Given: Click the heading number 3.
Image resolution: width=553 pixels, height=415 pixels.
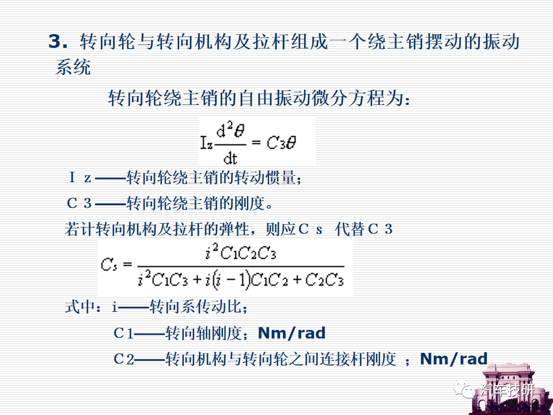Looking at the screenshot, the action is (x=58, y=41).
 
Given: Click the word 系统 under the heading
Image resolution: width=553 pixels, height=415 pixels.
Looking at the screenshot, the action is (x=73, y=67).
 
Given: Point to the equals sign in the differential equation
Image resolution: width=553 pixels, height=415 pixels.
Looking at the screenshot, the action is (x=256, y=142).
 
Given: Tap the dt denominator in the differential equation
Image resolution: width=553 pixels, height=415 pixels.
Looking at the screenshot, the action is (x=230, y=159).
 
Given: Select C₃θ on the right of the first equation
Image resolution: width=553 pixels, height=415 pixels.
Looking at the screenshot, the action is (x=281, y=143).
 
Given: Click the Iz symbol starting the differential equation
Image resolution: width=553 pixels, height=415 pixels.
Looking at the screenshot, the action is (x=207, y=144).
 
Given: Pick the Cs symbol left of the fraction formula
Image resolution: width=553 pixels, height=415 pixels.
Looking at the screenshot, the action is (x=109, y=265).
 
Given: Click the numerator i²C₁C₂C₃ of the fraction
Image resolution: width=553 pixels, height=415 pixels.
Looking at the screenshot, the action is (x=241, y=252).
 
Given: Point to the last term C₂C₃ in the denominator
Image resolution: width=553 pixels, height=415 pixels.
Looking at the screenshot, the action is (x=324, y=281).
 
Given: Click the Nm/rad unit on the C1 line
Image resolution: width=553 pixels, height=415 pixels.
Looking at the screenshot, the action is (x=291, y=333).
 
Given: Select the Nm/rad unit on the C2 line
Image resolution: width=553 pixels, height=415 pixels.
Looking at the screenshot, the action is (x=453, y=359).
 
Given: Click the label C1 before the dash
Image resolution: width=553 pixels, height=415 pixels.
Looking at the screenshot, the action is (x=123, y=333).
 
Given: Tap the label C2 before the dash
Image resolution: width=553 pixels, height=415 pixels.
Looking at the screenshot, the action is (x=124, y=359).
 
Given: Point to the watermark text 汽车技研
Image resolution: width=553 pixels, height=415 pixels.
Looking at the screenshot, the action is (x=507, y=391).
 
